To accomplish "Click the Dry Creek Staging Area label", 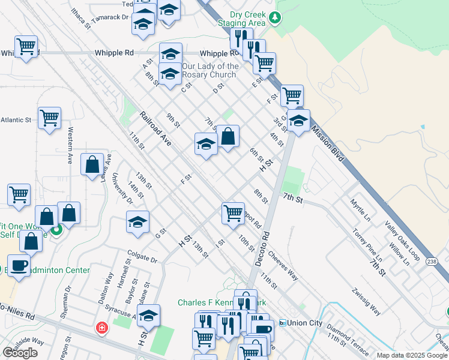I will tap(249, 19).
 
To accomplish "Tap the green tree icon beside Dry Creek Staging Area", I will tap(275, 17).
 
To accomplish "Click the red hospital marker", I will tap(102, 328).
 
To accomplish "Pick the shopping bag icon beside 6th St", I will tap(228, 137).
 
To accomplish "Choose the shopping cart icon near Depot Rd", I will tap(233, 212).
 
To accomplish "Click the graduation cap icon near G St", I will tap(137, 221).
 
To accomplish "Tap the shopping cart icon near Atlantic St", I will tap(49, 118).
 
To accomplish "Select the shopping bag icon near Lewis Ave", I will tap(91, 164).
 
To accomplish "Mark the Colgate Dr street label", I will tap(142, 260).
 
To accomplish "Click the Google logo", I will tap(20, 353).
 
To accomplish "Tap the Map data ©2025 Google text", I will tap(411, 355).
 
